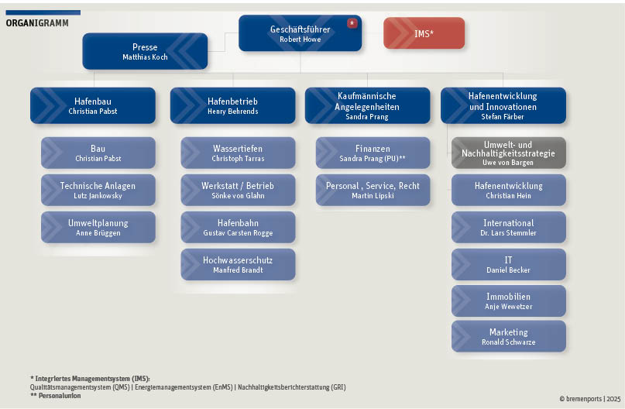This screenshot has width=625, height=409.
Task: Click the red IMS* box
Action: coord(424,33)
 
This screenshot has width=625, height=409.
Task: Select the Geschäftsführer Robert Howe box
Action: coord(300,33)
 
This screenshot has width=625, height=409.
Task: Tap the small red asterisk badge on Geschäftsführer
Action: coord(352,23)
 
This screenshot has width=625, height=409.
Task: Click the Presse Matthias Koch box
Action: coord(145,51)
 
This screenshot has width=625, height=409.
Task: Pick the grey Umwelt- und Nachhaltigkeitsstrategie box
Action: coord(509,153)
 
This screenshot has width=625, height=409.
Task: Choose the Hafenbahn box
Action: coord(238,227)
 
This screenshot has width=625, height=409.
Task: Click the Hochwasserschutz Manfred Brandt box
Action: coord(238,264)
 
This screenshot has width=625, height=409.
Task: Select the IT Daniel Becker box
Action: coord(509,264)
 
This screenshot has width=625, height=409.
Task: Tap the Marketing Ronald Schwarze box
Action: coord(509,336)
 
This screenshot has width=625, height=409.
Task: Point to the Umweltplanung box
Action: coord(98,227)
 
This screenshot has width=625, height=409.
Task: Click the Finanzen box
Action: coord(373,153)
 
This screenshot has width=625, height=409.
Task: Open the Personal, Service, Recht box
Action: coord(373,190)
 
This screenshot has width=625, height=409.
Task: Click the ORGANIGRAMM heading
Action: coord(37,23)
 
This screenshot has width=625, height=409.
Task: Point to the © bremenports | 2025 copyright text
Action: coord(590,399)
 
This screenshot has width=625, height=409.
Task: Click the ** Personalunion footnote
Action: coord(56,396)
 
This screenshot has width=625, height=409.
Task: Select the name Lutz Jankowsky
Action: coord(98,196)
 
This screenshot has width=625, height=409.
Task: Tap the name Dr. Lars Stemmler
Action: coord(508,233)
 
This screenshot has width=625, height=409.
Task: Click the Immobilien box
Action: coord(509,301)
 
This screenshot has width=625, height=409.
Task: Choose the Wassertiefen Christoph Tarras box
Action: coord(238,153)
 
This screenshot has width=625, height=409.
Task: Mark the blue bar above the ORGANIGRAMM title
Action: coord(43,12)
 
